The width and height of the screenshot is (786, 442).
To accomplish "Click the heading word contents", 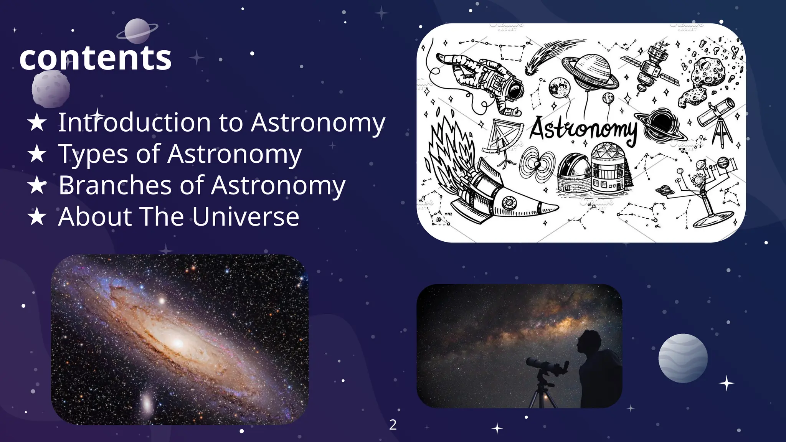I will coord(95,58).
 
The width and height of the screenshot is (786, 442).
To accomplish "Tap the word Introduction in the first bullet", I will coord(134,123).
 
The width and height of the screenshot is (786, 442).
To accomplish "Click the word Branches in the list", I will coord(115,185).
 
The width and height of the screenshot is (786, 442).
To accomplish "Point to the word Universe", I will coord(246,217).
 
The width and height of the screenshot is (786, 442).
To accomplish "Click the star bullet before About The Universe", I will coord(37,217).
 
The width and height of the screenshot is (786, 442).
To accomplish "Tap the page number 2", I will coord(393,425).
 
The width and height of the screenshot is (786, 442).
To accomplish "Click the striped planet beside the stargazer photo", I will coord(683,358).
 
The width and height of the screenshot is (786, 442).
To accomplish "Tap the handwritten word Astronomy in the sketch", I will coord(583,129).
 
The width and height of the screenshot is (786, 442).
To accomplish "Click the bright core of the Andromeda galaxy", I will coord(178,343).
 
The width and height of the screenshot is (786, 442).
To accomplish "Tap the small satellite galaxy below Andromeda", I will coord(147,403).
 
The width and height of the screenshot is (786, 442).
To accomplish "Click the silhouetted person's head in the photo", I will coord(590,341).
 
